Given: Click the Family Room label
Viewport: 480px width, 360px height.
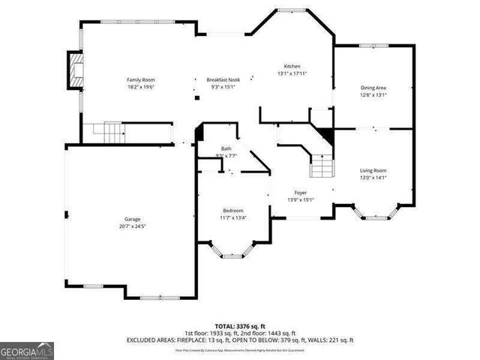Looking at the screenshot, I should coord(139,79).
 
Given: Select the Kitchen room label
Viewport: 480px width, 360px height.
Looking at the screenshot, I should coord(292,66).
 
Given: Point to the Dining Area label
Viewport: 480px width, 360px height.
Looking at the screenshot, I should coord(373,88).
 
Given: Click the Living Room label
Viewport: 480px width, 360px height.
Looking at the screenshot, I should coord(373,171).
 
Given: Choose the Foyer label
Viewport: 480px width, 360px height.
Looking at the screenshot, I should coord(300,193).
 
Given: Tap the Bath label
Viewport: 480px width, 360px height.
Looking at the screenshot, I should coord(226,148).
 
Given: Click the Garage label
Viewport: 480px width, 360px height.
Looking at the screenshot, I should coord(132,219).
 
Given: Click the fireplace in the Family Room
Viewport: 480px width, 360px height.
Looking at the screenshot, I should coord(75,70).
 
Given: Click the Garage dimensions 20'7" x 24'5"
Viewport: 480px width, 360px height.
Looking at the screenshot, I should coord(132,226).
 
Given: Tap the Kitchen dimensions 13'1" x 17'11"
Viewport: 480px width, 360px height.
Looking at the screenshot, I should coord(292,73).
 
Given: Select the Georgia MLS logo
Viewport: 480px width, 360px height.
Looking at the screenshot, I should coord(28,349).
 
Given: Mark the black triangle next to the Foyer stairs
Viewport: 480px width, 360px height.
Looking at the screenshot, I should coord(325,137).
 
